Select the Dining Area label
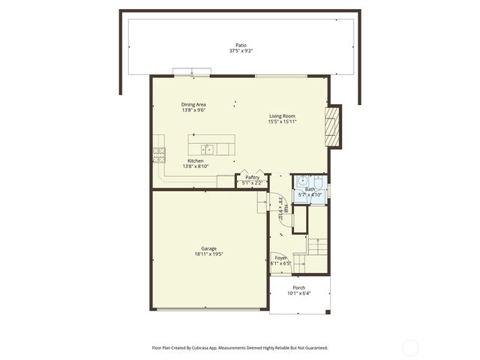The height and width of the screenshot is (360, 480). click(193, 104)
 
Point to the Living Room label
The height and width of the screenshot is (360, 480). click(283, 115)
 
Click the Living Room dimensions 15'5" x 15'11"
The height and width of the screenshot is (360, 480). click(283, 121)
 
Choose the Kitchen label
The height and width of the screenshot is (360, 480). click(195, 160)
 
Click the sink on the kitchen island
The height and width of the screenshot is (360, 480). click(207, 148)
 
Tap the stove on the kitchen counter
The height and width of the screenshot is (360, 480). click(159, 154)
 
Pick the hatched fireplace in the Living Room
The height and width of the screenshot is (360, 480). click(333, 125)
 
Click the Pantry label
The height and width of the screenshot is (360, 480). click(253, 177)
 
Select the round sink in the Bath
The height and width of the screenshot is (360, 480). click(301, 180)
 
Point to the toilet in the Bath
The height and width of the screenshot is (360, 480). click(318, 183)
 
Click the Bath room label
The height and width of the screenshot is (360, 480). click(310, 189)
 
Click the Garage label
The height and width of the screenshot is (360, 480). click(208, 248)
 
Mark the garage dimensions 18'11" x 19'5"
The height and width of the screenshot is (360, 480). click(208, 254)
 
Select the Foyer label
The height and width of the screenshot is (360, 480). click(280, 258)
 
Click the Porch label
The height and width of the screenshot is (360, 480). click(299, 287)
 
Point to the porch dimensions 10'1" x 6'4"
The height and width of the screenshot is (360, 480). click(299, 293)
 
